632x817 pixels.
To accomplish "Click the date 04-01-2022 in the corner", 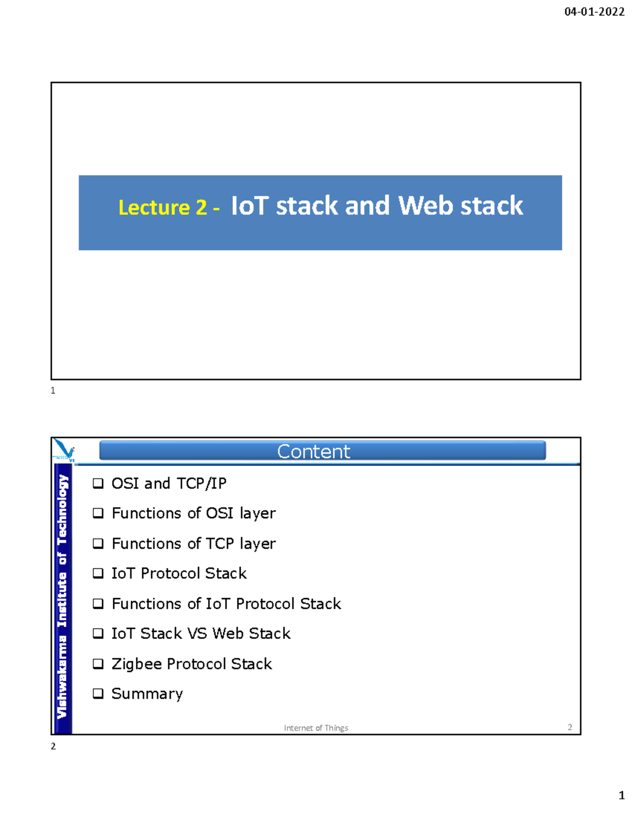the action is click(x=595, y=12).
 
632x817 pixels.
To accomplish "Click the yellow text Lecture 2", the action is click(x=163, y=207).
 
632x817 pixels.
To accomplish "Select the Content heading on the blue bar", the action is click(x=313, y=451).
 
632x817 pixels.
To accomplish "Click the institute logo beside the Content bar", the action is click(x=64, y=450).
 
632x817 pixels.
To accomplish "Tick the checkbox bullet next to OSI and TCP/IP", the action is click(x=98, y=483).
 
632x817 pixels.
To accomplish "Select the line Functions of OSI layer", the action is click(x=193, y=513).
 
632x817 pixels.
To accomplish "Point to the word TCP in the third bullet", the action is click(x=220, y=543).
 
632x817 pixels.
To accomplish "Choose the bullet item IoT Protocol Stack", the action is click(x=179, y=573).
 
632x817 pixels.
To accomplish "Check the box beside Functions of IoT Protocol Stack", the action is click(x=98, y=604).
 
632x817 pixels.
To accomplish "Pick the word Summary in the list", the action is click(x=147, y=694).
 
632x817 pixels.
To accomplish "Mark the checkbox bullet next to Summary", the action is click(x=98, y=694).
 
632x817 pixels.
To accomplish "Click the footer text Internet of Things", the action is click(x=316, y=728).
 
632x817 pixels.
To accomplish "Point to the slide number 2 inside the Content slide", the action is click(x=570, y=727).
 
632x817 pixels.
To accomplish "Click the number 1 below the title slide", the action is click(x=53, y=391).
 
